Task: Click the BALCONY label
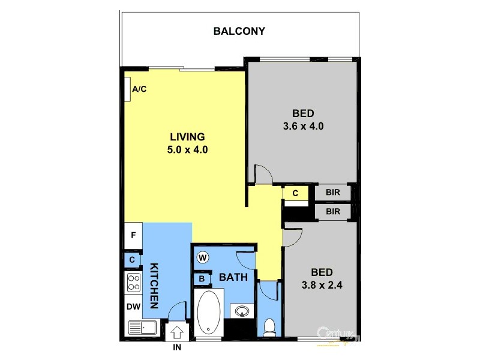click(x=239, y=31)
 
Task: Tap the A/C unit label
click(x=139, y=89)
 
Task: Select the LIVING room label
click(x=187, y=136)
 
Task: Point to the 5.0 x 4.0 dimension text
click(x=187, y=150)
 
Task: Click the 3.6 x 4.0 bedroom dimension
click(x=303, y=127)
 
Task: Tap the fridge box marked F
click(x=133, y=235)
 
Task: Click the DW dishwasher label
click(x=133, y=307)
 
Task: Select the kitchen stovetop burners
click(x=133, y=282)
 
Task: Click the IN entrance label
click(x=178, y=347)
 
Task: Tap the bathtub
click(x=208, y=313)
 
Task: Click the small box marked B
click(x=202, y=279)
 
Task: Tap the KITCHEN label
click(x=154, y=286)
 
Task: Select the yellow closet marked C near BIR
click(x=295, y=193)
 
